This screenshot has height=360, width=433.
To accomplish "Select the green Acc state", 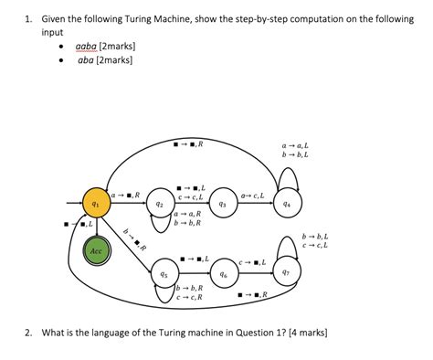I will (x=96, y=249).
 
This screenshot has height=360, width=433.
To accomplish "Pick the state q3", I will (x=222, y=205).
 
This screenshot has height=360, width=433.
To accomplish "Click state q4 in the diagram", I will (x=288, y=205).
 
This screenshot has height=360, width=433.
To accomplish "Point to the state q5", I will (x=163, y=273).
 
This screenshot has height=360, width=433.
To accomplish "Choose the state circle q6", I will (x=223, y=273).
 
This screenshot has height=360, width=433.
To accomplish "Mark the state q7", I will (x=286, y=272).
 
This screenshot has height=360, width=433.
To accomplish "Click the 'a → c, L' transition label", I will (x=253, y=196).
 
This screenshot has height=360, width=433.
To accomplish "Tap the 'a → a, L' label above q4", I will (x=295, y=145).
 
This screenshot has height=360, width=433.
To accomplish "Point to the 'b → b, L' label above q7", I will (x=315, y=236).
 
